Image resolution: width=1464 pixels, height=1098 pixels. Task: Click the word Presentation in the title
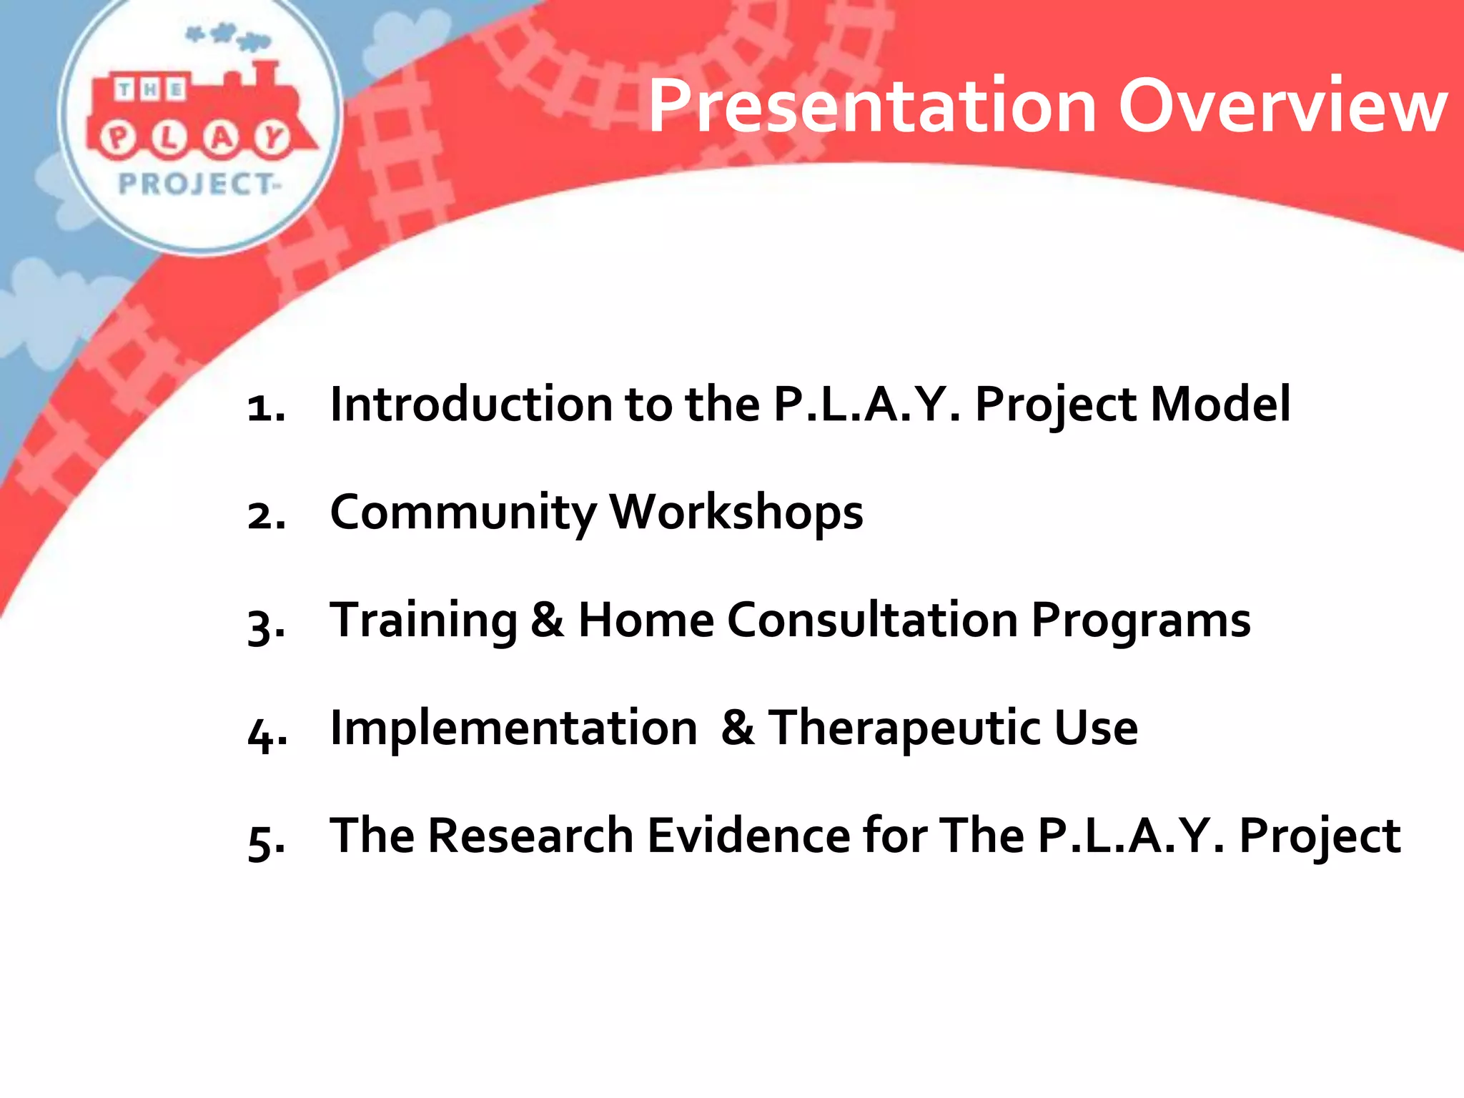(x=871, y=107)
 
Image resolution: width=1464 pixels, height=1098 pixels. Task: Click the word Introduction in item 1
(x=471, y=404)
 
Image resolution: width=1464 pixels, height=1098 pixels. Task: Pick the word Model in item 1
(x=1220, y=404)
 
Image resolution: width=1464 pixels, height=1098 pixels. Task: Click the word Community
(x=463, y=513)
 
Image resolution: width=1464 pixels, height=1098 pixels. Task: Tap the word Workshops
(x=736, y=513)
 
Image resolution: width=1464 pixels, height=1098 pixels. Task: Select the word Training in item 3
(x=423, y=620)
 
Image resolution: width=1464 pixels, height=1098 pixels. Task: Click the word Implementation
(x=513, y=728)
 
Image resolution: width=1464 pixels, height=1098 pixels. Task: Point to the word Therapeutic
(x=904, y=728)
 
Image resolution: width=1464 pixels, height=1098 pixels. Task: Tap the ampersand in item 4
(x=738, y=728)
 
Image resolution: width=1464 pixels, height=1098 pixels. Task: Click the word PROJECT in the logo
(x=196, y=184)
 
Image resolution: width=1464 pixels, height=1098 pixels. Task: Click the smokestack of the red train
(x=264, y=75)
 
